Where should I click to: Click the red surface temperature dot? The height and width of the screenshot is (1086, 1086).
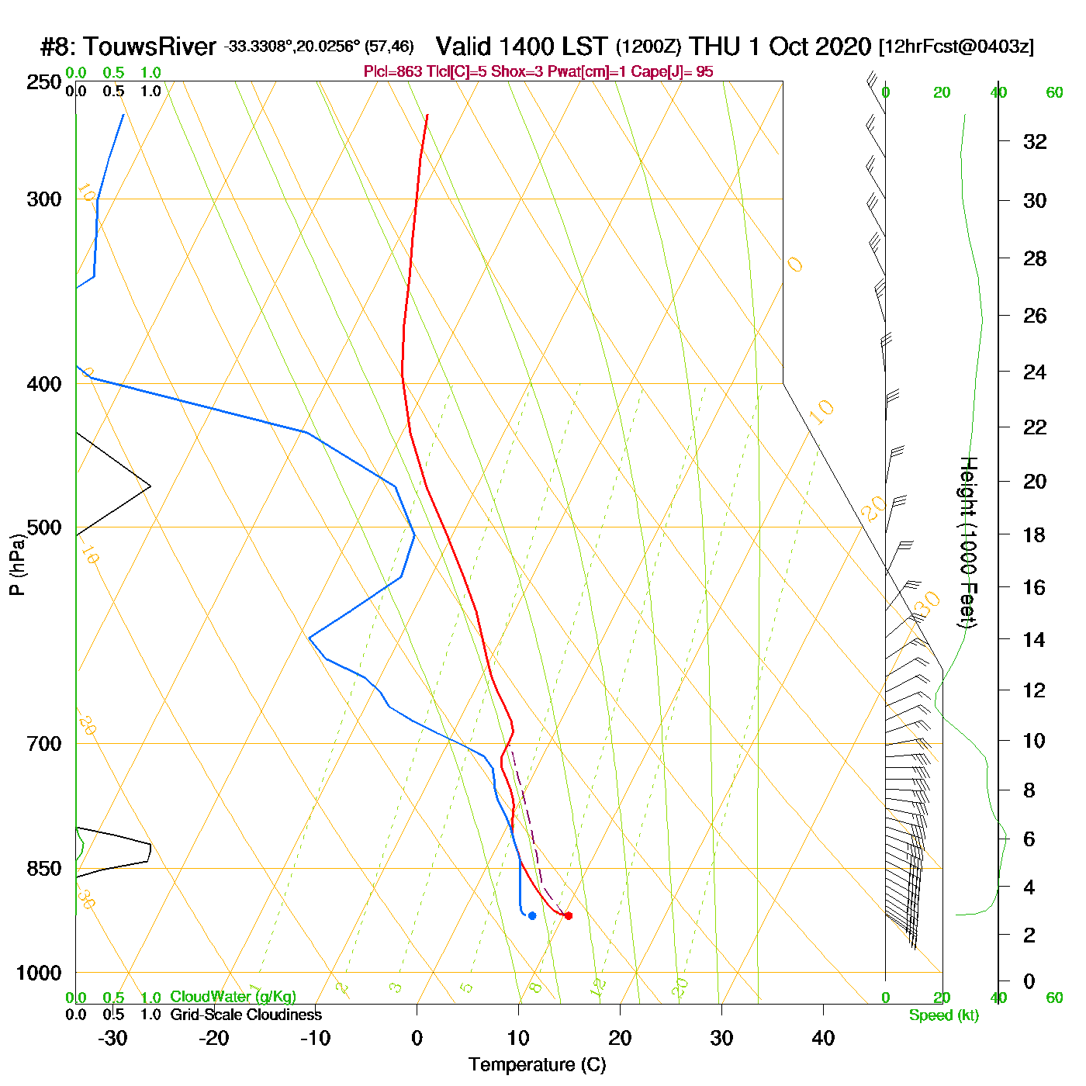point(569,915)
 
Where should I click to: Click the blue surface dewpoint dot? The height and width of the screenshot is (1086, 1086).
point(532,915)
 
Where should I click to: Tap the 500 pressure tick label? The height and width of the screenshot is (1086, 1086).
point(44,527)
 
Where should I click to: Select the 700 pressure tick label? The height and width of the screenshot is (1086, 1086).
point(44,744)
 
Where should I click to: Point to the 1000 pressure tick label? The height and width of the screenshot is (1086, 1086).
point(39,973)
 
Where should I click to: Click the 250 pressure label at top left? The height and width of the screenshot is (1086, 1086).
point(44,82)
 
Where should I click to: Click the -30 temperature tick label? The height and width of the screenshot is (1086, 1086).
point(112,1038)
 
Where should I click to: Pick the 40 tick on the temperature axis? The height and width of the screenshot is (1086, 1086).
point(823,1038)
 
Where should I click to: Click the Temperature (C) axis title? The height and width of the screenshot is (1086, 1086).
point(537,1065)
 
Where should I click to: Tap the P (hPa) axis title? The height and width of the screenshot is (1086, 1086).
point(17,565)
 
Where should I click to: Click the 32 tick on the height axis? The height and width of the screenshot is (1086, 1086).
point(1035,141)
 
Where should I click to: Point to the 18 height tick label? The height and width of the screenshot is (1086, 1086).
point(1035,534)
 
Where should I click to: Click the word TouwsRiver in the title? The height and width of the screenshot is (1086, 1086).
point(150,47)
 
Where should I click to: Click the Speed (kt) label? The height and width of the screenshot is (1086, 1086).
point(944,1015)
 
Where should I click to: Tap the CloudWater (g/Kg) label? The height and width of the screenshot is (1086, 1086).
point(233,997)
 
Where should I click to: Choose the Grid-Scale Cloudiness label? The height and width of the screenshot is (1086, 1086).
point(246,1015)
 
